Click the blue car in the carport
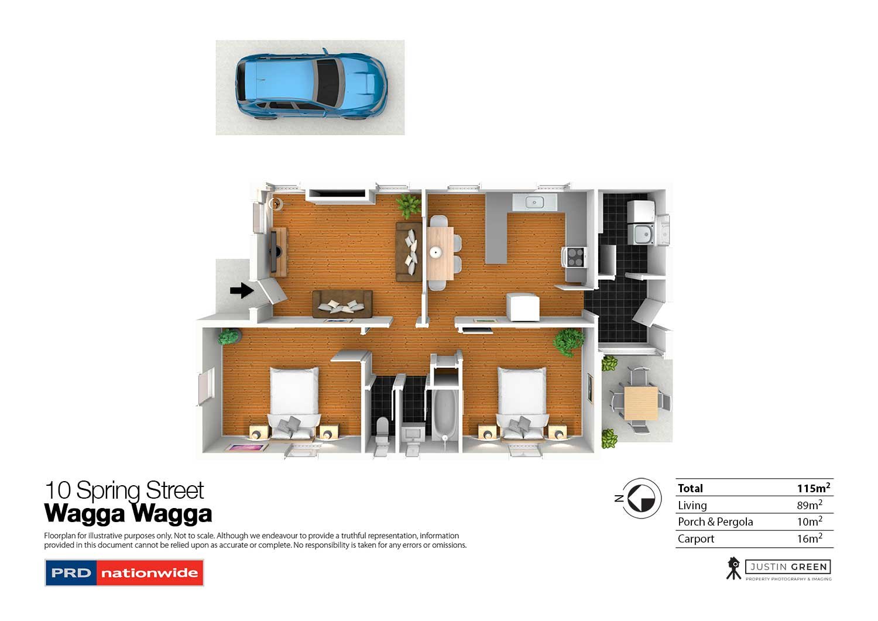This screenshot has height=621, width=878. coord(311,85)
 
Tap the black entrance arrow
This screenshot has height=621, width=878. coord(241,290)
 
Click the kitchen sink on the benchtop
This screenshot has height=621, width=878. coord(533,203)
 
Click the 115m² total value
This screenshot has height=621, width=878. coord(813,488)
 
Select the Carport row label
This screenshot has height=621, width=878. coord(696,539)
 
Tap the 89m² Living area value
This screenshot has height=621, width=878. coord(809,505)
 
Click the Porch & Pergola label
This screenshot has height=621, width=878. coord(715,522)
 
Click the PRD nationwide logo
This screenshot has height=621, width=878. coord(124,572)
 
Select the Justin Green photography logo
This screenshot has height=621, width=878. coord(779,568)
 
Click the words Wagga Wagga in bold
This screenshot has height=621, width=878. coord(128,513)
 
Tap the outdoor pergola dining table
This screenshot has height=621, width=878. coord(640,402)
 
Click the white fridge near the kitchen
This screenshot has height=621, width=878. coord(523,307)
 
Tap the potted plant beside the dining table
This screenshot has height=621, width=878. coord(409,205)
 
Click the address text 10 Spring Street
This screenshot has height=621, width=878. coord(124,490)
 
